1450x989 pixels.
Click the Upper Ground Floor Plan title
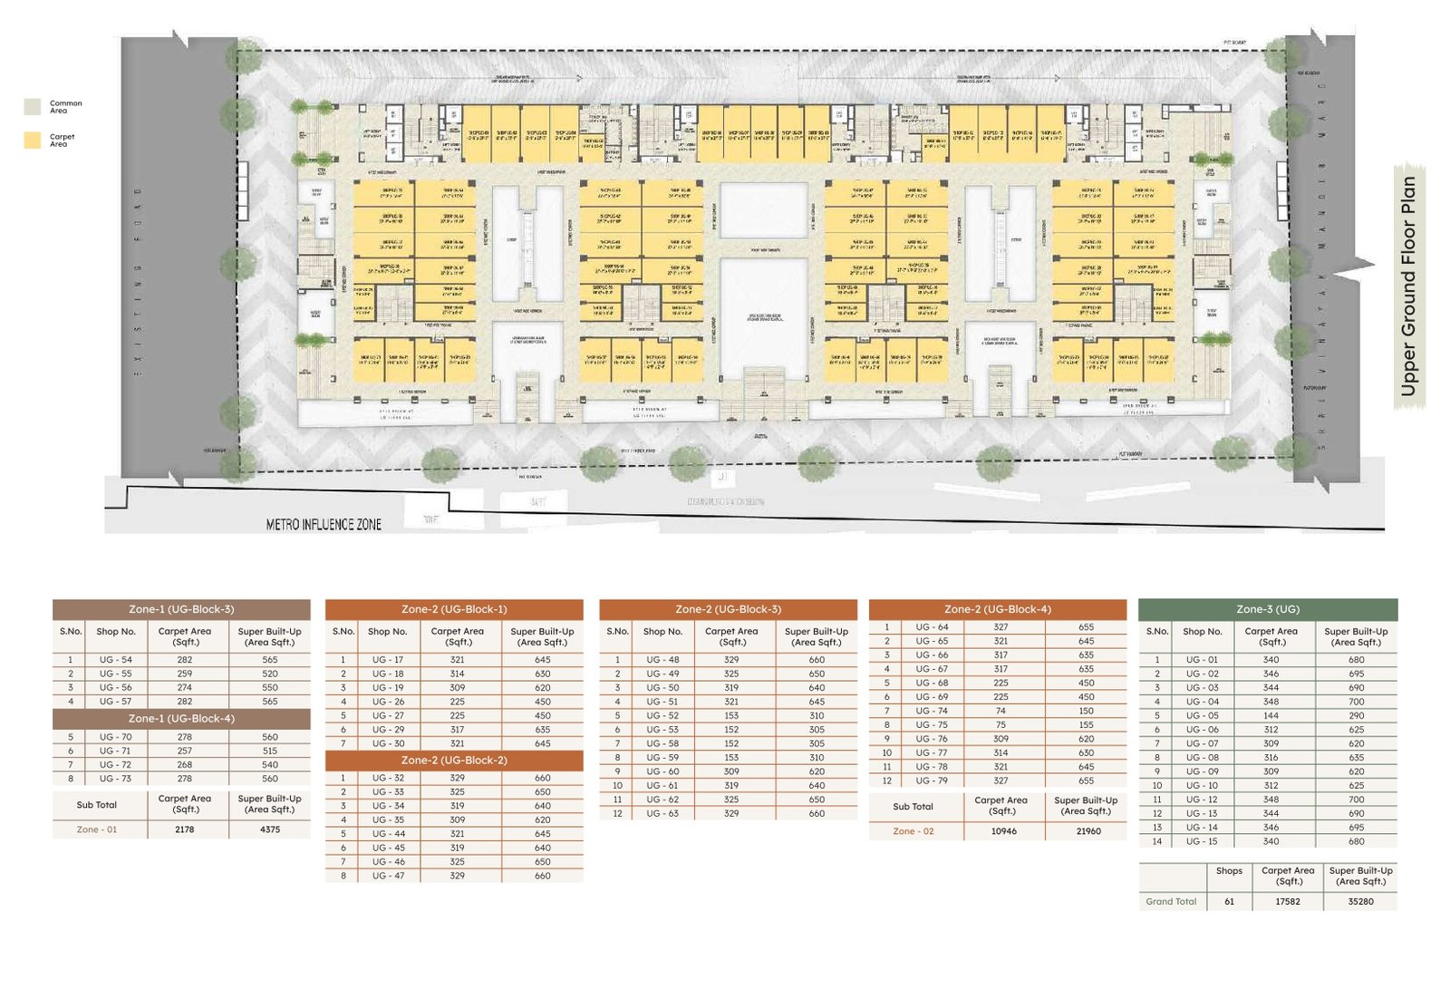[1407, 286]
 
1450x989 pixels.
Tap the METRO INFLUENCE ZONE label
[324, 524]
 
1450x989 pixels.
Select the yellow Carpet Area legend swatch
[33, 140]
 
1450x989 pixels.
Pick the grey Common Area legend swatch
[33, 107]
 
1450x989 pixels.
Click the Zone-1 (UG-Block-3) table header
[181, 609]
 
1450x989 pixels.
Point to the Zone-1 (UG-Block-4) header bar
[181, 719]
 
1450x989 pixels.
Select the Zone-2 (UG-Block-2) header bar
[454, 761]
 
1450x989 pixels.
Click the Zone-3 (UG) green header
[1267, 609]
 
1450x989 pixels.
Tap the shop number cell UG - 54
[116, 660]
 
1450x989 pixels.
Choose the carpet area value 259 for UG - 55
[185, 674]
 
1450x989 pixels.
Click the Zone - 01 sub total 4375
[270, 829]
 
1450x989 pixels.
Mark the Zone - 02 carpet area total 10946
[1003, 831]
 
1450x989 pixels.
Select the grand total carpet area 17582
[1287, 902]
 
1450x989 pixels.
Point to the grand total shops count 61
[1229, 902]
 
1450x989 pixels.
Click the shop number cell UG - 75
[931, 725]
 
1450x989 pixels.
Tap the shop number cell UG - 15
[1202, 841]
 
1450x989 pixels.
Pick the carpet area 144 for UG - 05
[1271, 716]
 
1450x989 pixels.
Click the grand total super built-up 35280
[1360, 902]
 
